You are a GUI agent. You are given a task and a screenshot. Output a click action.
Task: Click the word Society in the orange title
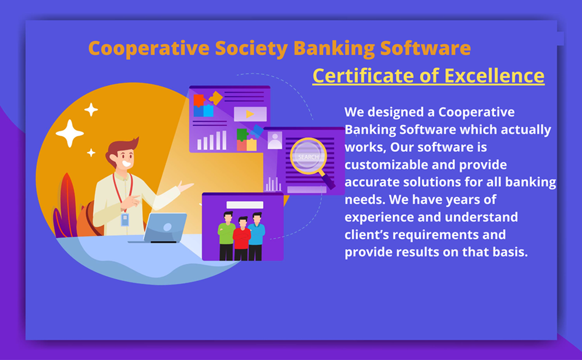point(251,49)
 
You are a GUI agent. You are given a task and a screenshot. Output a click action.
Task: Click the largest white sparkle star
point(69,133)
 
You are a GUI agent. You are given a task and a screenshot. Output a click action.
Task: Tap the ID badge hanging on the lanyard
point(125,219)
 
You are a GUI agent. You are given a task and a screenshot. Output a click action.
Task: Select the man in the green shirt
point(226,236)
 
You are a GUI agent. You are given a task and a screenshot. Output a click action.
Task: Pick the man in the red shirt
point(242,238)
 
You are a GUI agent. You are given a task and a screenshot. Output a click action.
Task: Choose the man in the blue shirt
point(256,236)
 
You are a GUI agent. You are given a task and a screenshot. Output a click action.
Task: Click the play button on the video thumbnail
point(250,114)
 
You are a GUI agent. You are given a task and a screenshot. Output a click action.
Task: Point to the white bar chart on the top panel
point(212,141)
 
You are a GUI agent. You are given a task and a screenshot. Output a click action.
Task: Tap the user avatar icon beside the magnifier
point(275,141)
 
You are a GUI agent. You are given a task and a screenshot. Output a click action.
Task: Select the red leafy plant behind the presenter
point(66,206)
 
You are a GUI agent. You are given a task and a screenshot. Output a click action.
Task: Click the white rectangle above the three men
point(245,205)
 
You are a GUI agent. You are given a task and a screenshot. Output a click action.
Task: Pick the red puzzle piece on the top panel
point(199,100)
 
